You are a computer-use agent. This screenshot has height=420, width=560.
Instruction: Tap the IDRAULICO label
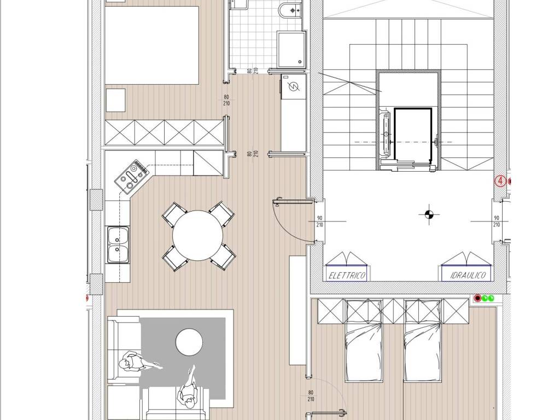pyautogui.click(x=468, y=276)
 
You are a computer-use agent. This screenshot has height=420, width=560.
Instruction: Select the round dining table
pyautogui.click(x=197, y=235)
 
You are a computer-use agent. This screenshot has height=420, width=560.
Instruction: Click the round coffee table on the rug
pyautogui.click(x=189, y=342)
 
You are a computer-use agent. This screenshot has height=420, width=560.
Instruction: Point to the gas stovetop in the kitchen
pyautogui.click(x=131, y=177)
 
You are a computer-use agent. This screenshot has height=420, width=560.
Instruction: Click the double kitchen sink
pyautogui.click(x=118, y=244)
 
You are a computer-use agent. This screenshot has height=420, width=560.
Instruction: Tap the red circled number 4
pyautogui.click(x=500, y=181)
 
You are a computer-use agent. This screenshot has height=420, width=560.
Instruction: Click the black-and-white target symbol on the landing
pyautogui.click(x=429, y=214)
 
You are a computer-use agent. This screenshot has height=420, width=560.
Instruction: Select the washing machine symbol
pyautogui.click(x=293, y=87)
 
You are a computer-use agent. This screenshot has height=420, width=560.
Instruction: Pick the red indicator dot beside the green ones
pyautogui.click(x=478, y=298)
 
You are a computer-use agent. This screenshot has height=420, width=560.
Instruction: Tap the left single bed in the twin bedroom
pyautogui.click(x=363, y=341)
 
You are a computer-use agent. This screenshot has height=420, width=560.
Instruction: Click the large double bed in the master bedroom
pyautogui.click(x=152, y=45)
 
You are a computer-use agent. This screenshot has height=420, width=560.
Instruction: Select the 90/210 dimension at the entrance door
pyautogui.click(x=319, y=221)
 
